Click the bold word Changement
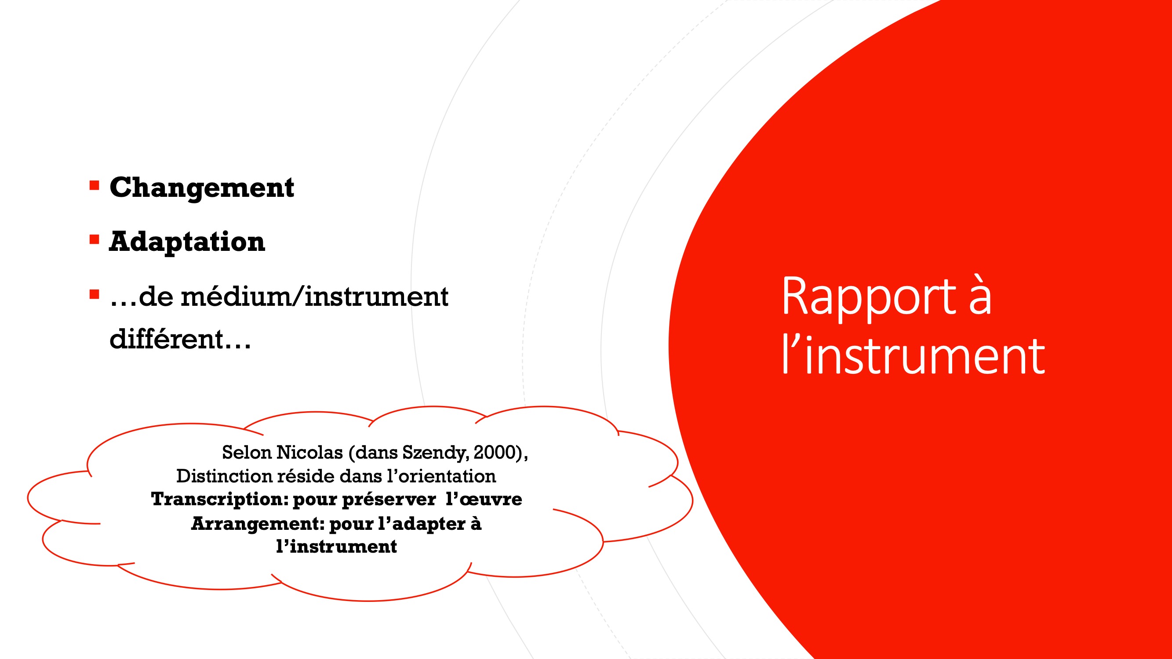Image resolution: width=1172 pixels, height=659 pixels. tap(201, 188)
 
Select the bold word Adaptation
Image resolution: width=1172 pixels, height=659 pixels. tap(187, 242)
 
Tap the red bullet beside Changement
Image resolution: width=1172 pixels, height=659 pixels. tap(94, 185)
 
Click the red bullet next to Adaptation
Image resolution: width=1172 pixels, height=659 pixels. tap(94, 239)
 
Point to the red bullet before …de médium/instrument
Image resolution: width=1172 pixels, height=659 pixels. tap(94, 294)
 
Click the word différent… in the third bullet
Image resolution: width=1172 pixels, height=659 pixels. tap(180, 339)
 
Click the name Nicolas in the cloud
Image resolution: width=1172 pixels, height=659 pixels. tap(309, 452)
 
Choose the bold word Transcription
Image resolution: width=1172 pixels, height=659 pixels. tap(220, 500)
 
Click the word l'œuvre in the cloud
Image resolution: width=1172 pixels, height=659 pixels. tap(484, 500)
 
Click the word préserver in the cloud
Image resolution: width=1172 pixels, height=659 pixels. tap(389, 500)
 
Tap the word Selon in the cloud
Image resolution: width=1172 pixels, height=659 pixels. tap(247, 452)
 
